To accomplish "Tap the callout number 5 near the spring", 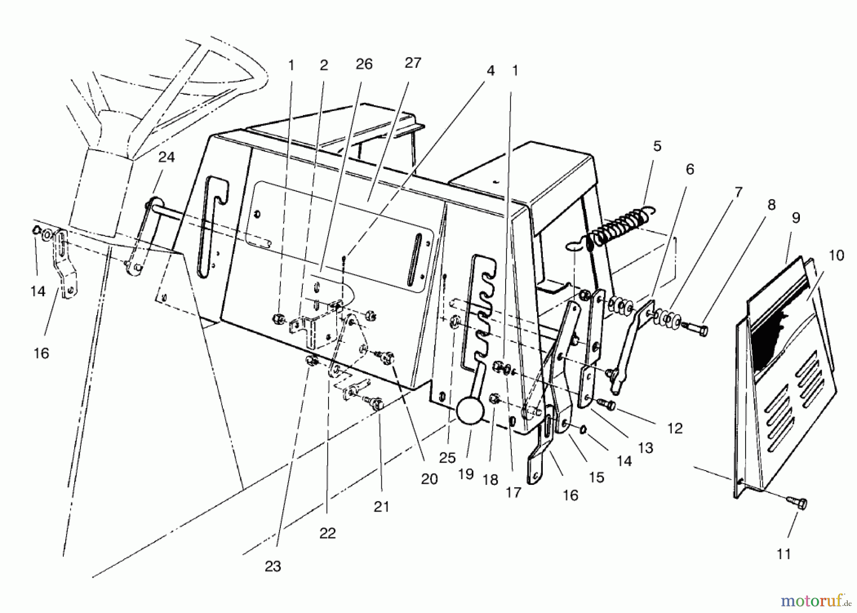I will tap(657, 146).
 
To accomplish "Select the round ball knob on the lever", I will tap(470, 411).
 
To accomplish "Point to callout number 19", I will tap(466, 473).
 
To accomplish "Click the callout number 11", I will tap(783, 553).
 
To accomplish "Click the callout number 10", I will tap(836, 255).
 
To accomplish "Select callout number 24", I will tap(166, 157).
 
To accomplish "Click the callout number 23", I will tap(273, 566).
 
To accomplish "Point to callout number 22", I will tap(328, 533).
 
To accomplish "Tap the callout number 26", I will tap(364, 64).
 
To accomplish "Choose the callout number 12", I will tap(675, 428).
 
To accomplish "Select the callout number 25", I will tap(447, 457).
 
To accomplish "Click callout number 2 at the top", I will tap(324, 65).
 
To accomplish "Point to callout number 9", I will tap(796, 218).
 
